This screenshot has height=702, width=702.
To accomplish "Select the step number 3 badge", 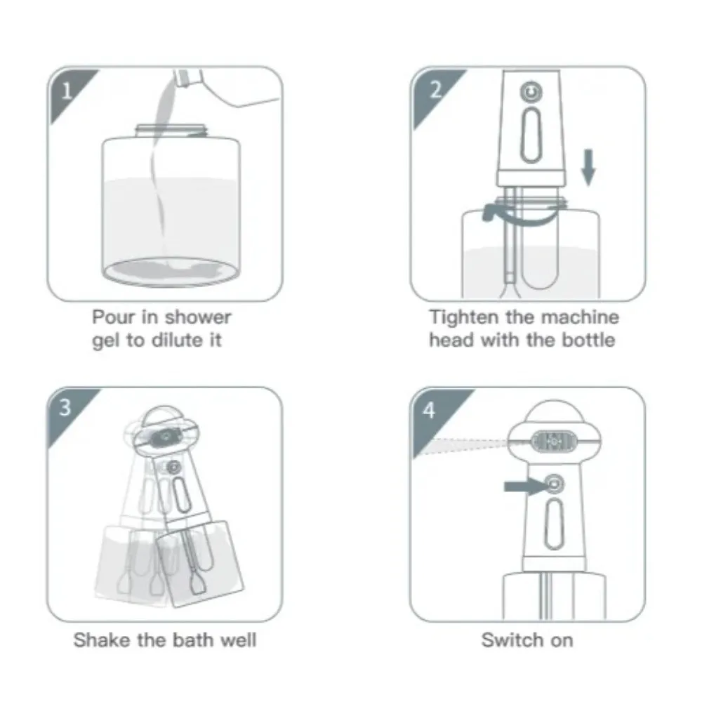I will tap(65, 407).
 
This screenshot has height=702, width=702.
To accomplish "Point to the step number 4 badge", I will tap(429, 410).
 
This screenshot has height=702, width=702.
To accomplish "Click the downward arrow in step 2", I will tap(588, 168).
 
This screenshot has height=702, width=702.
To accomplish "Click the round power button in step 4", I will tap(553, 483).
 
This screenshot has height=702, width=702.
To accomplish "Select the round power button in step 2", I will tap(530, 92).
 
